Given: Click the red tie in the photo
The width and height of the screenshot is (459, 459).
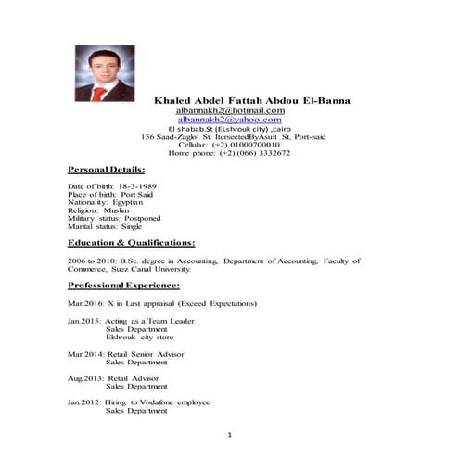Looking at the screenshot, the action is [x=98, y=92].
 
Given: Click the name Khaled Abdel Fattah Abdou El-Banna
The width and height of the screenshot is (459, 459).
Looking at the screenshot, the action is [x=252, y=99].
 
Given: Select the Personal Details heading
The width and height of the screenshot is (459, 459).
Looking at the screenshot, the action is [x=106, y=171].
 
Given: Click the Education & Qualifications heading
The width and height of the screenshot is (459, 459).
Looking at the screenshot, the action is [x=131, y=242].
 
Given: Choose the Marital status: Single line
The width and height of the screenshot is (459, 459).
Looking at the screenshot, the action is [x=105, y=226].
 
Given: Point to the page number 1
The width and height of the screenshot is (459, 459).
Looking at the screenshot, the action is [x=229, y=434].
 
